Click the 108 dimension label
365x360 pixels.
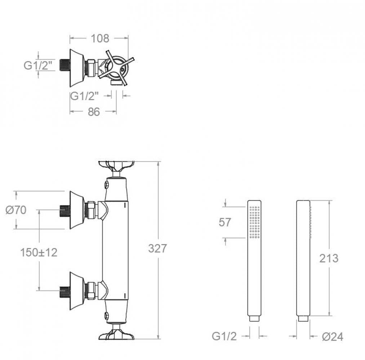point(100,39)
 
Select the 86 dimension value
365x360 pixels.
point(94,112)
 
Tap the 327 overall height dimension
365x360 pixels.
point(157,248)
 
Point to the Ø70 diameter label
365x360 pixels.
point(16,210)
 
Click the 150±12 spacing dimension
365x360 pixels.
point(39,252)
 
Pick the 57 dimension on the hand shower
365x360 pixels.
point(225,222)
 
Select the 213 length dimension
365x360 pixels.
point(329,258)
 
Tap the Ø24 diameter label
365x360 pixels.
point(333,337)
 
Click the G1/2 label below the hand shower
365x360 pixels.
point(224,336)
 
